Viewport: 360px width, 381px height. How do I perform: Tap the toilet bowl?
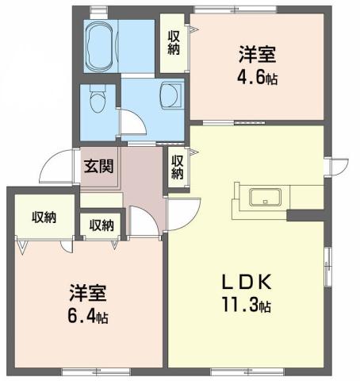tap(96, 101)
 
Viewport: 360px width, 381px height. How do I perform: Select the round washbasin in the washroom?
tap(169, 94)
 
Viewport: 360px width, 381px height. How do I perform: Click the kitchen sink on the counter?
tap(262, 198)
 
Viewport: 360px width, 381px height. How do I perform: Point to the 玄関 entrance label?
tap(99, 167)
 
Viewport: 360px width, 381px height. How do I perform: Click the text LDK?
tap(249, 283)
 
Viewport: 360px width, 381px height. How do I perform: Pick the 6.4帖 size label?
tap(87, 315)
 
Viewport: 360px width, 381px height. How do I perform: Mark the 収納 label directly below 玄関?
tap(101, 225)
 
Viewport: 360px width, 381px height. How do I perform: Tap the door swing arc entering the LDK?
tap(181, 210)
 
